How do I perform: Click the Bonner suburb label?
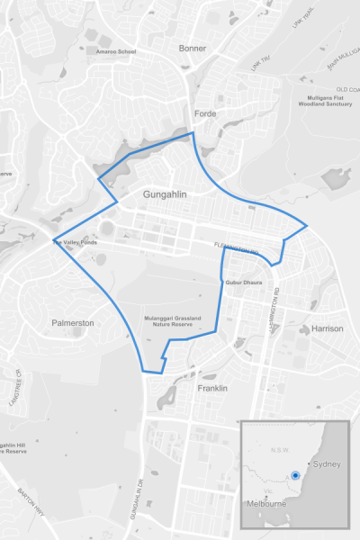click(193, 48)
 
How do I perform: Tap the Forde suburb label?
click(205, 113)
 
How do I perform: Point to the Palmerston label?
click(73, 322)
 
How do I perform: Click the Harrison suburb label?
click(327, 328)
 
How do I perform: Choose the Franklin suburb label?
click(212, 388)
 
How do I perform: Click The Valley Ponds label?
click(74, 242)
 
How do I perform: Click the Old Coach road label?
click(347, 90)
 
